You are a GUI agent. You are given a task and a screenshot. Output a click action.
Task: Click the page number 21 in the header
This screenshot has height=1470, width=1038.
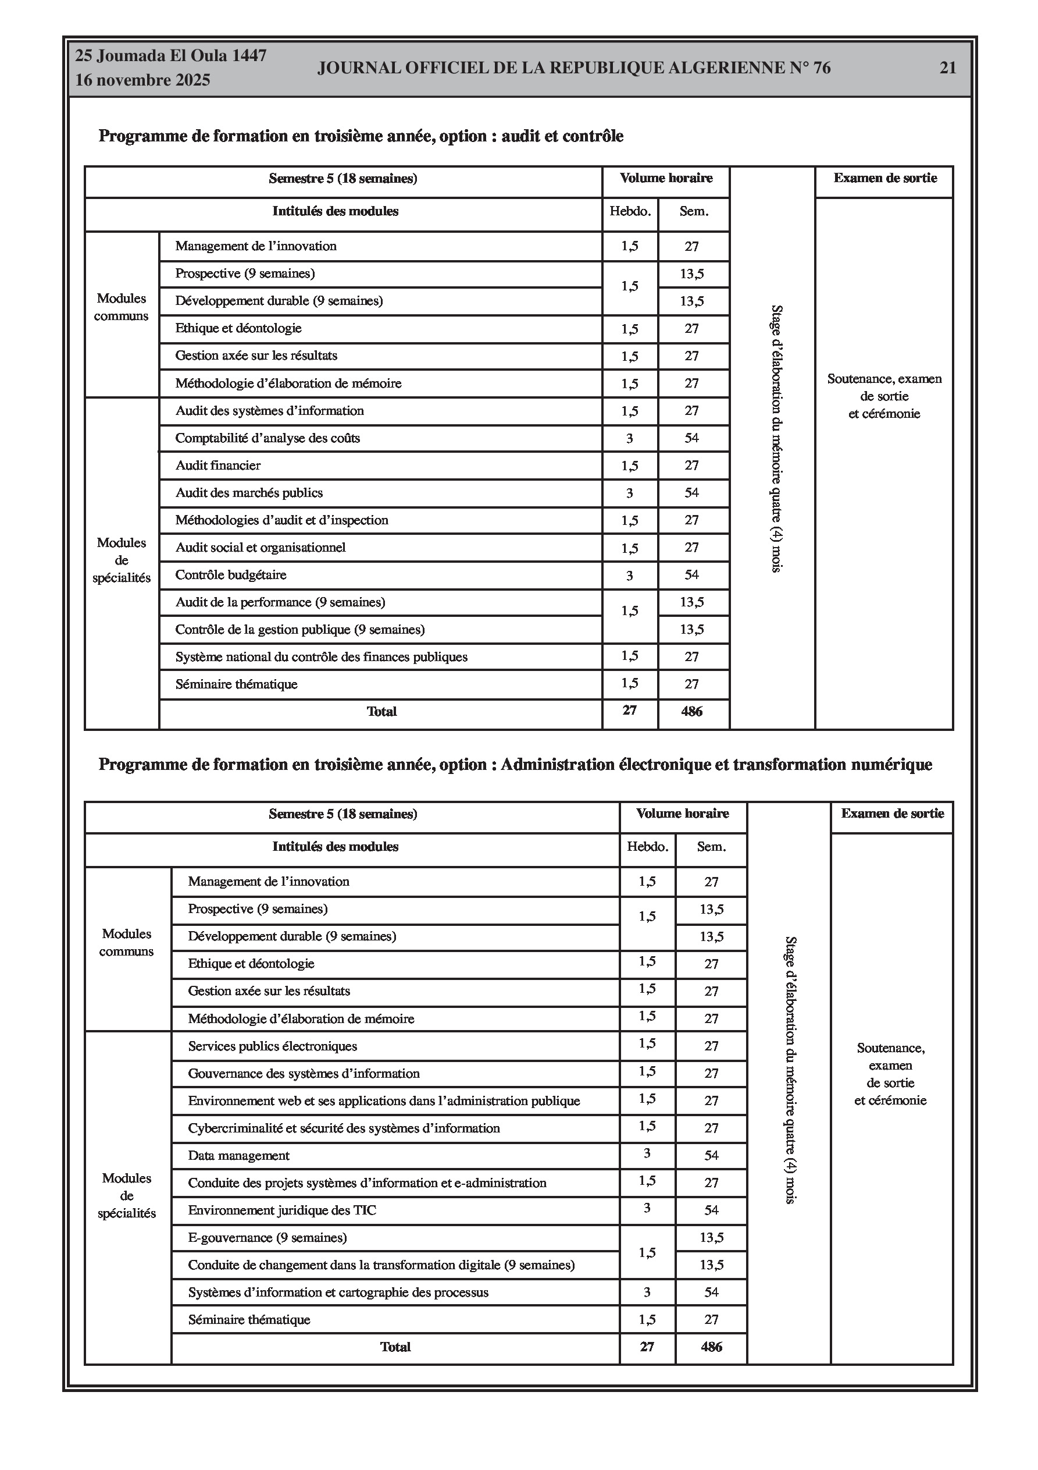947,68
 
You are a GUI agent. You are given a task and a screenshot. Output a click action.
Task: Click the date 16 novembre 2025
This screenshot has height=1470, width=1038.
142,80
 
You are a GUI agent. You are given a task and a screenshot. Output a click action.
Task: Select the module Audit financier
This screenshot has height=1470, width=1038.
218,466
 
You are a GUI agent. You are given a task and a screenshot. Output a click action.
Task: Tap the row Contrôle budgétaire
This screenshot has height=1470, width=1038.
231,575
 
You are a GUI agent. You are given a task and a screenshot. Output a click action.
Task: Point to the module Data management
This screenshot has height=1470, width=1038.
238,1156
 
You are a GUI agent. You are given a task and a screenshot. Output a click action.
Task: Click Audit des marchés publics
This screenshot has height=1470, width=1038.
249,493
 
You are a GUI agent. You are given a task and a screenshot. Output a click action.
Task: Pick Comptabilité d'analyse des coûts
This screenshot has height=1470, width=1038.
267,439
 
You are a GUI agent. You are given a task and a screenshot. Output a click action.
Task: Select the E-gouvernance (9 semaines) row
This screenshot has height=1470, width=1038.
267,1238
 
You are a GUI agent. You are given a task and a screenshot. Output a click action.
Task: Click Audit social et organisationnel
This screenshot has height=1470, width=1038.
261,548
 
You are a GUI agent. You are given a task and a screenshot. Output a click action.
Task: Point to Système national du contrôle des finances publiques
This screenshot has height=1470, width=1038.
321,657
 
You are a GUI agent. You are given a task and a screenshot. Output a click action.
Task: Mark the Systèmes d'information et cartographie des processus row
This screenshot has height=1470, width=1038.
338,1292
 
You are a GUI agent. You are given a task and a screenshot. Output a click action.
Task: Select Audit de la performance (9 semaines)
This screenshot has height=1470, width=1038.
280,602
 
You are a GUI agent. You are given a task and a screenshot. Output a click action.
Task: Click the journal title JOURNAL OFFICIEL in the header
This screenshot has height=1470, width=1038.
573,68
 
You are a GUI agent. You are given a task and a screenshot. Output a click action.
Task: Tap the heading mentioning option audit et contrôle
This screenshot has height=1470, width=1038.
361,136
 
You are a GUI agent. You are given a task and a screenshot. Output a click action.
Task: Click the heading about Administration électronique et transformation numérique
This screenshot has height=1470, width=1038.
515,765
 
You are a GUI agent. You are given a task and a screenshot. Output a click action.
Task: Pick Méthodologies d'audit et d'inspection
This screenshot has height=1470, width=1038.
281,520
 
